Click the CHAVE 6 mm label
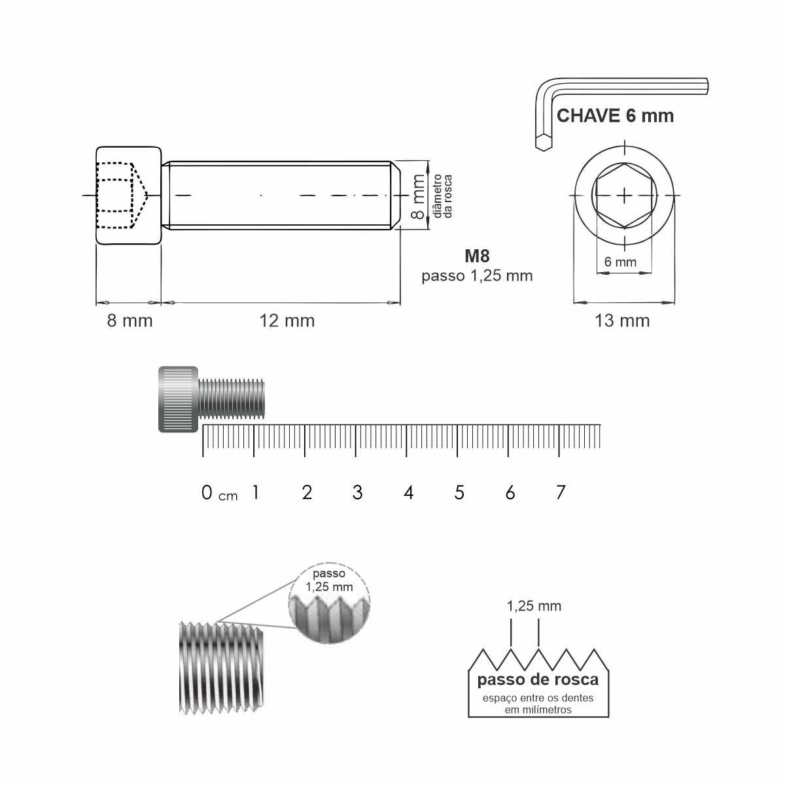point(615,116)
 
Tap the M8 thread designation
point(477,256)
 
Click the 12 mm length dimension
point(287,321)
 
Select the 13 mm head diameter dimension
point(621,321)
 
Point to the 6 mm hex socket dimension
point(620,262)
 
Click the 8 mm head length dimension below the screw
point(130,321)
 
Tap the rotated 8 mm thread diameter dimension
point(419,196)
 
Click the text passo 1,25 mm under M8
point(477,276)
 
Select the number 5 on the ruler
point(459,493)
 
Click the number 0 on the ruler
point(207,493)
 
